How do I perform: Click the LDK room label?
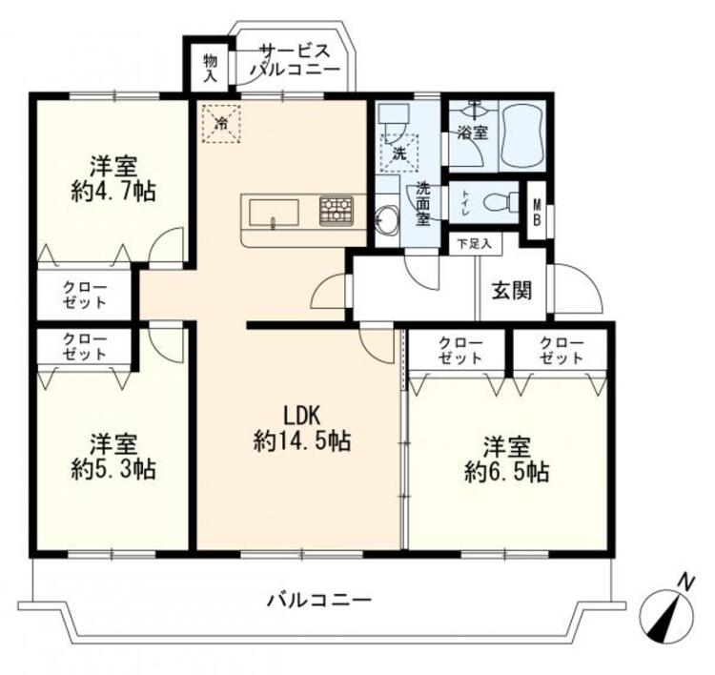(x=302, y=415)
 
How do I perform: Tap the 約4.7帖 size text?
(x=113, y=192)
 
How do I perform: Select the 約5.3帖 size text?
(x=113, y=469)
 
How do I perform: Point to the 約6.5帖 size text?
(x=506, y=472)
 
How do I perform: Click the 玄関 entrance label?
(x=512, y=290)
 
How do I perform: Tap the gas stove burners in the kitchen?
(x=337, y=211)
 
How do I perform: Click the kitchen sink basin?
(x=274, y=213)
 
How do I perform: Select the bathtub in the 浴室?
(x=523, y=136)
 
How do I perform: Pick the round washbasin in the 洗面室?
(x=388, y=219)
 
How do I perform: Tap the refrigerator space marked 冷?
(x=221, y=124)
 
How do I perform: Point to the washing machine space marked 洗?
(x=399, y=153)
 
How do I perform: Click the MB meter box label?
(x=537, y=211)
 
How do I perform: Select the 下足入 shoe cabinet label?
(x=474, y=244)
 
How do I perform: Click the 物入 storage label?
(x=211, y=69)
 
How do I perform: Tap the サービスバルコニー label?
(x=295, y=60)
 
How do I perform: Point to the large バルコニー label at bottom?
(x=319, y=600)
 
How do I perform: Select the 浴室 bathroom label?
(x=473, y=133)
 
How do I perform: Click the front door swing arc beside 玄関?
(x=579, y=288)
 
